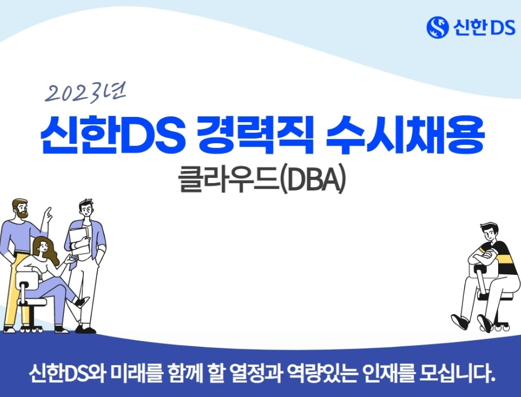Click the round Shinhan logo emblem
[438, 27]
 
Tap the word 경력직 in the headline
[255, 135]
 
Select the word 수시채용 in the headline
[405, 135]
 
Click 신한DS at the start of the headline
[112, 135]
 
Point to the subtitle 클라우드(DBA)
[262, 181]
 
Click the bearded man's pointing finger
[49, 213]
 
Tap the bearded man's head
[21, 208]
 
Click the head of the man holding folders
[86, 209]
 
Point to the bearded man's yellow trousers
[14, 289]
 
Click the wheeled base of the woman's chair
[31, 329]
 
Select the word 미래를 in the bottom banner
[136, 374]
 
